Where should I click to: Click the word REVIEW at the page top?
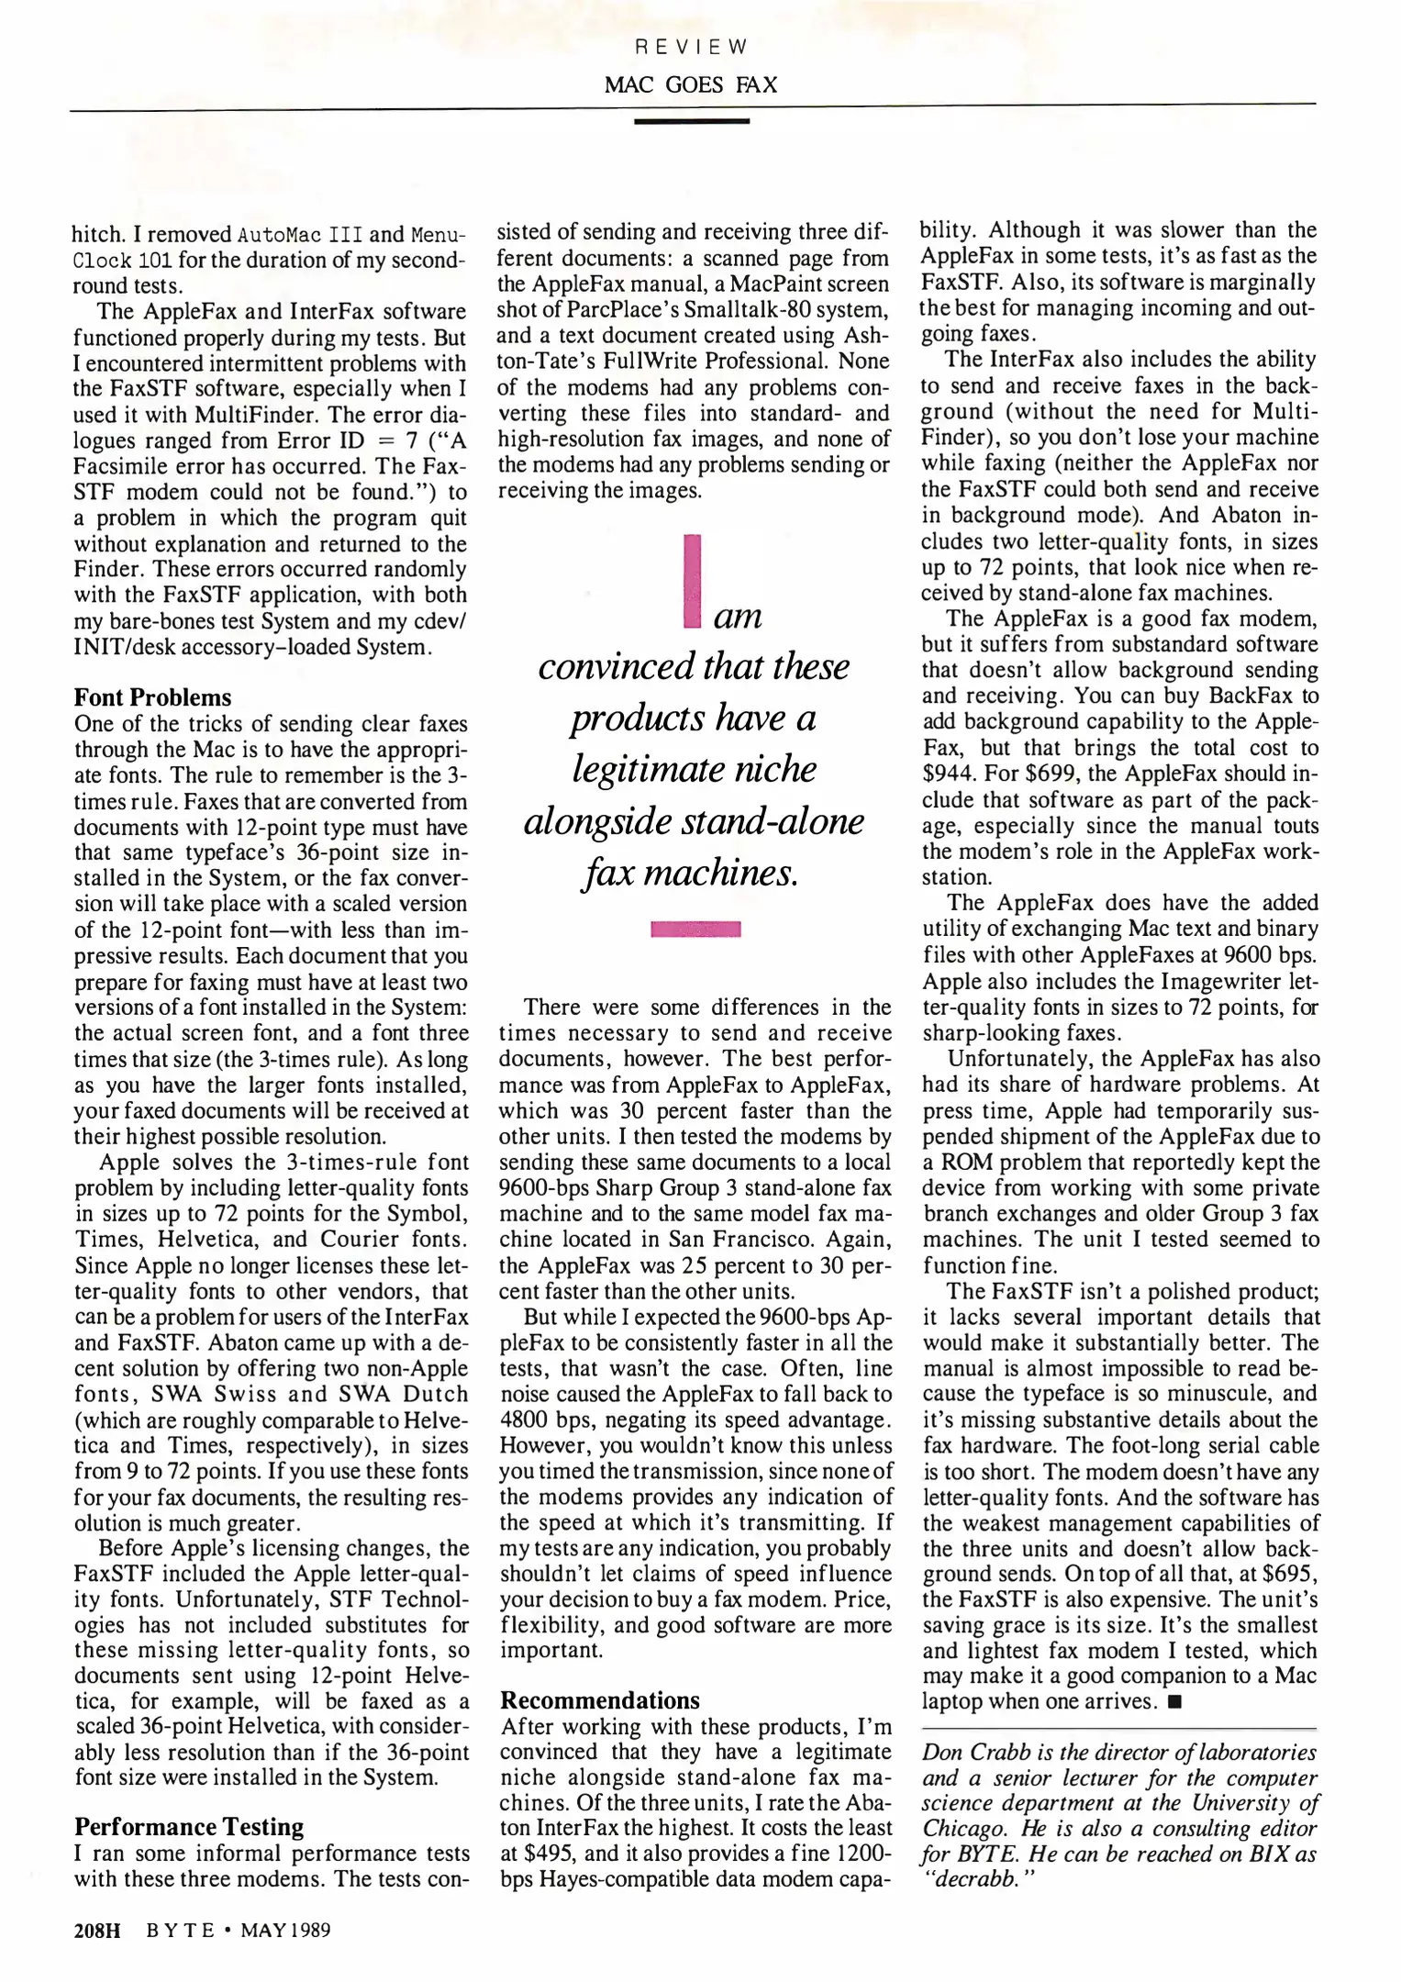(692, 47)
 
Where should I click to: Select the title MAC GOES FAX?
(691, 85)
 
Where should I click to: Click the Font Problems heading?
(152, 697)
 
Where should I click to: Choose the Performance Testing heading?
(188, 1826)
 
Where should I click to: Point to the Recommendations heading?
(599, 1700)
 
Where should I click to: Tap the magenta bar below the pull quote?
(695, 930)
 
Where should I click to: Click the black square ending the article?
(1174, 1702)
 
